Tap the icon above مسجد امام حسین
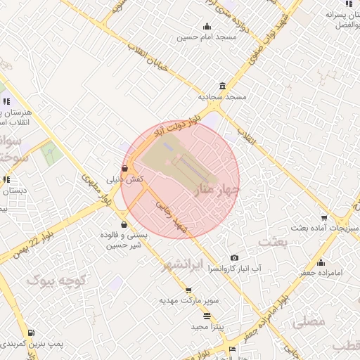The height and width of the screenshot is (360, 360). (x=207, y=26)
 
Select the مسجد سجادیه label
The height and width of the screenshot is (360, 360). (x=222, y=96)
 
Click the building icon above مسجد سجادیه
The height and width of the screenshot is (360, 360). (x=223, y=86)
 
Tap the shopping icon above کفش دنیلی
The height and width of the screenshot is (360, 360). (x=124, y=169)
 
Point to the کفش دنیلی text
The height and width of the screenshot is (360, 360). (x=124, y=179)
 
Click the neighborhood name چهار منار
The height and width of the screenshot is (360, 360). (x=220, y=190)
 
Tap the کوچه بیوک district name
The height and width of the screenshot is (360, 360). (x=56, y=281)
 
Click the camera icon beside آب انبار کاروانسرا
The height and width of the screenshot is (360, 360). (x=234, y=258)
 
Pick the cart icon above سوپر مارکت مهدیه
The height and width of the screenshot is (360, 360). (x=188, y=290)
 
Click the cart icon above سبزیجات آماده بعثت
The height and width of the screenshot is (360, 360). (x=323, y=218)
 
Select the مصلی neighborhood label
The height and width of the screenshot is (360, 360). (x=308, y=321)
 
